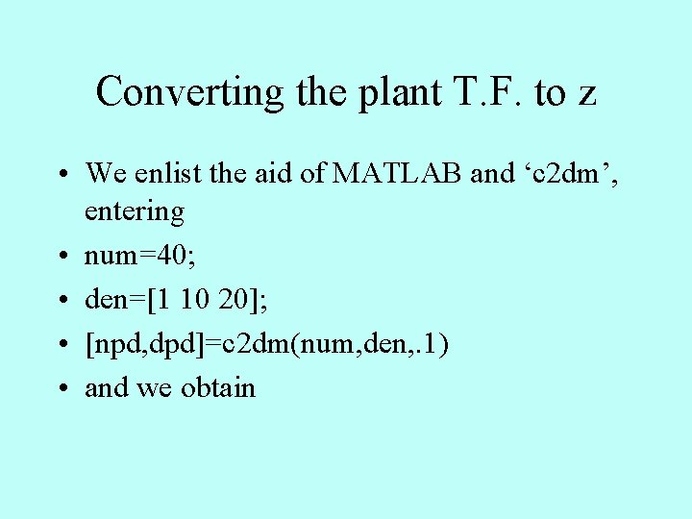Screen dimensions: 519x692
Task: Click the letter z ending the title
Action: tap(586, 94)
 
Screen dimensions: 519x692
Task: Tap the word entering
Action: tap(134, 210)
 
